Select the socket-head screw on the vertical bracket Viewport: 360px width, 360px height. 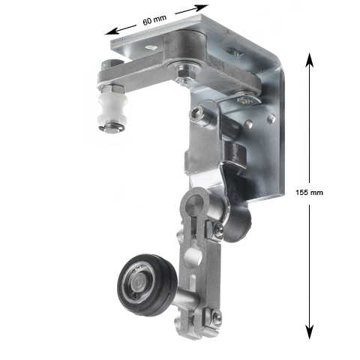click(197, 113)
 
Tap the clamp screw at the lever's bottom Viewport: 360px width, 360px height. click(216, 319)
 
